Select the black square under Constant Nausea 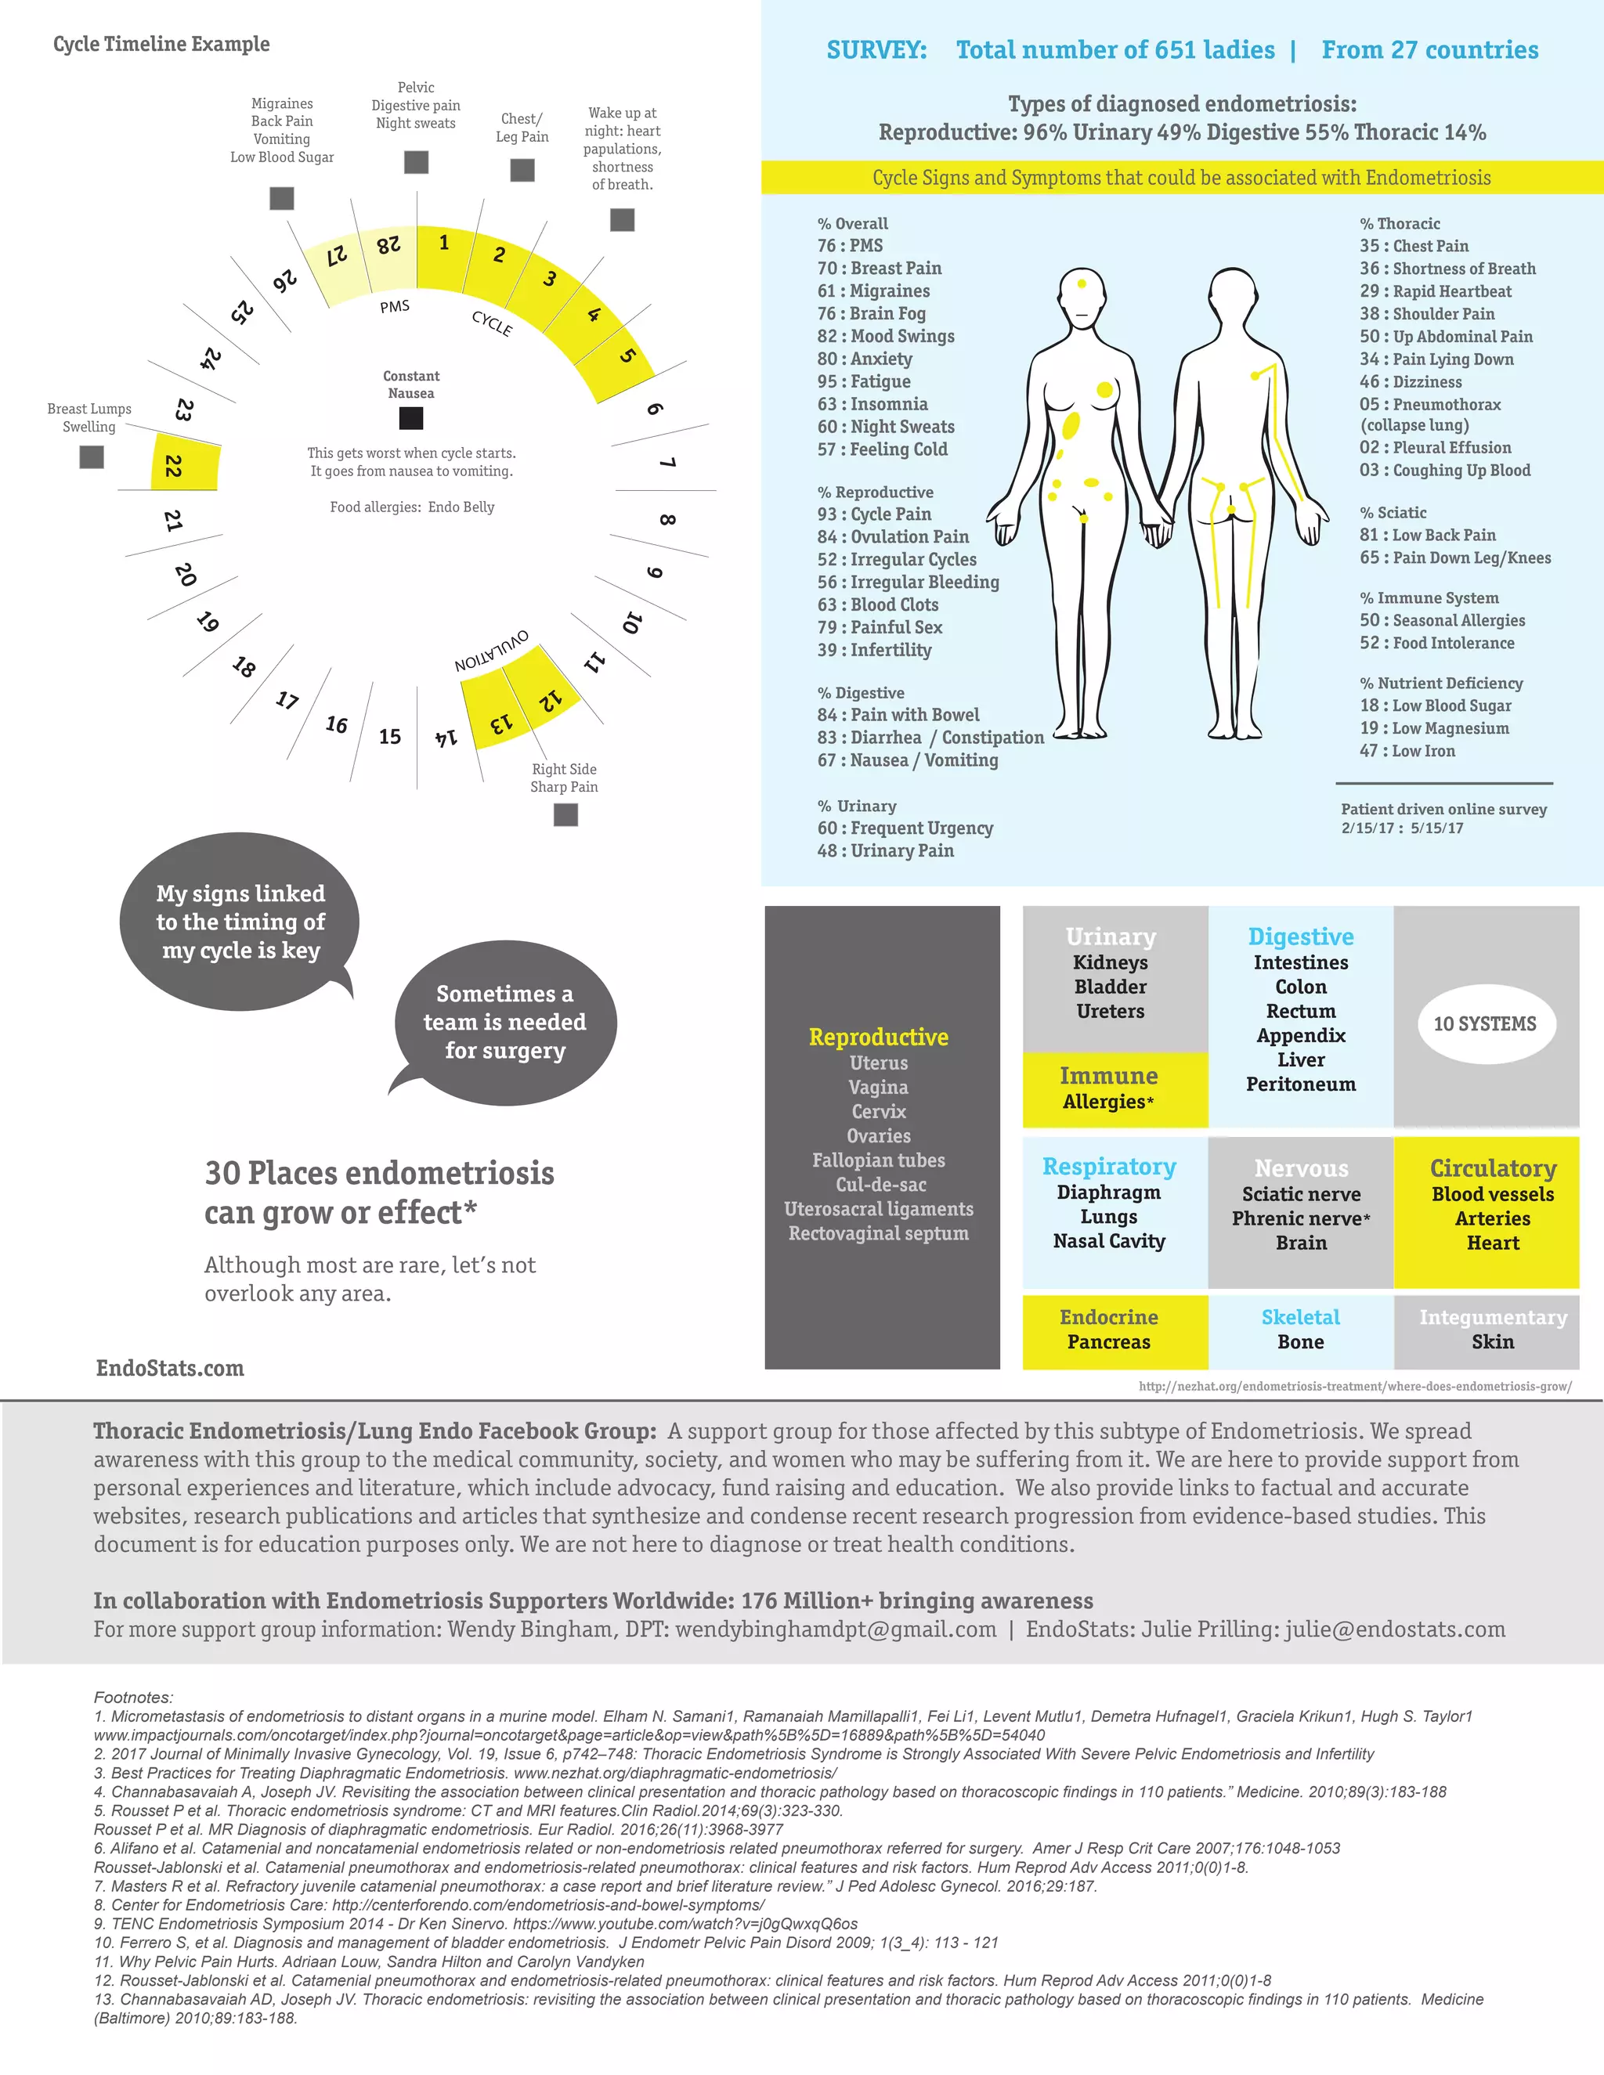pos(410,418)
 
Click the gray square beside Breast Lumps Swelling pos(91,457)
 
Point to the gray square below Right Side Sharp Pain pos(565,814)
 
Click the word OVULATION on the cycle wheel pos(491,651)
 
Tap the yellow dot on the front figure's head pos(1082,283)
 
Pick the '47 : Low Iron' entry pos(1407,751)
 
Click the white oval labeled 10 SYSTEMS pos(1484,1023)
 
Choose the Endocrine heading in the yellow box pos(1108,1317)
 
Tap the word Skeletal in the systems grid pos(1300,1317)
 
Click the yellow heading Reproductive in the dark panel pos(878,1037)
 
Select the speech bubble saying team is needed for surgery pos(504,1023)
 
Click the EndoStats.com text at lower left pos(170,1368)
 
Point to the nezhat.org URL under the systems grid pos(1354,1386)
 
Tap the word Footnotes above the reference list pos(133,1697)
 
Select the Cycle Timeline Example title pos(161,44)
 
